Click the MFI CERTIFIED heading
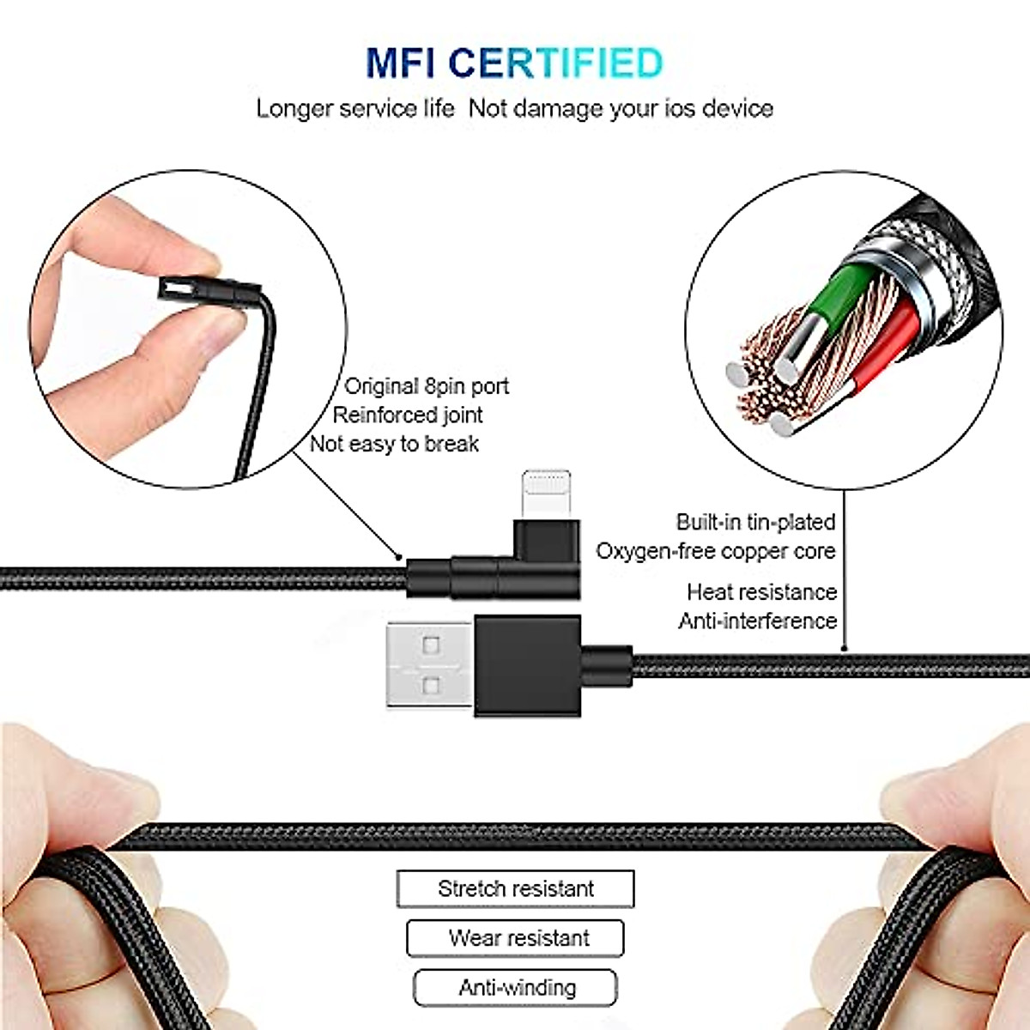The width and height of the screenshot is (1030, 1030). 514,63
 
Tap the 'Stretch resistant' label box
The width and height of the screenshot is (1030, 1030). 515,888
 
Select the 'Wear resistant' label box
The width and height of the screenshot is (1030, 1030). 515,937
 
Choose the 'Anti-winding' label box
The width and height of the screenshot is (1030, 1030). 515,987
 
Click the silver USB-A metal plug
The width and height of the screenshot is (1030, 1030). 427,665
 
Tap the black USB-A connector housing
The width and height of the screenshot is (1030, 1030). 528,665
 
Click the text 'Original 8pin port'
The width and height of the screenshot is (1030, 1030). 427,386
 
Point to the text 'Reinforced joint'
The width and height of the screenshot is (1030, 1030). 408,415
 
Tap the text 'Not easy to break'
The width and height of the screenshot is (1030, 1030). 394,444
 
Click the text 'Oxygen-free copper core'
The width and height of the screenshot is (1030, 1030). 716,551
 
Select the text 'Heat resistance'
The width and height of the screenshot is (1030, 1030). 761,592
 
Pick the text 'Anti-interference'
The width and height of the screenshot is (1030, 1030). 757,621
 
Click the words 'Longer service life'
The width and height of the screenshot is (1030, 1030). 355,109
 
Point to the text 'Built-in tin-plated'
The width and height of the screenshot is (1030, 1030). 755,522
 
